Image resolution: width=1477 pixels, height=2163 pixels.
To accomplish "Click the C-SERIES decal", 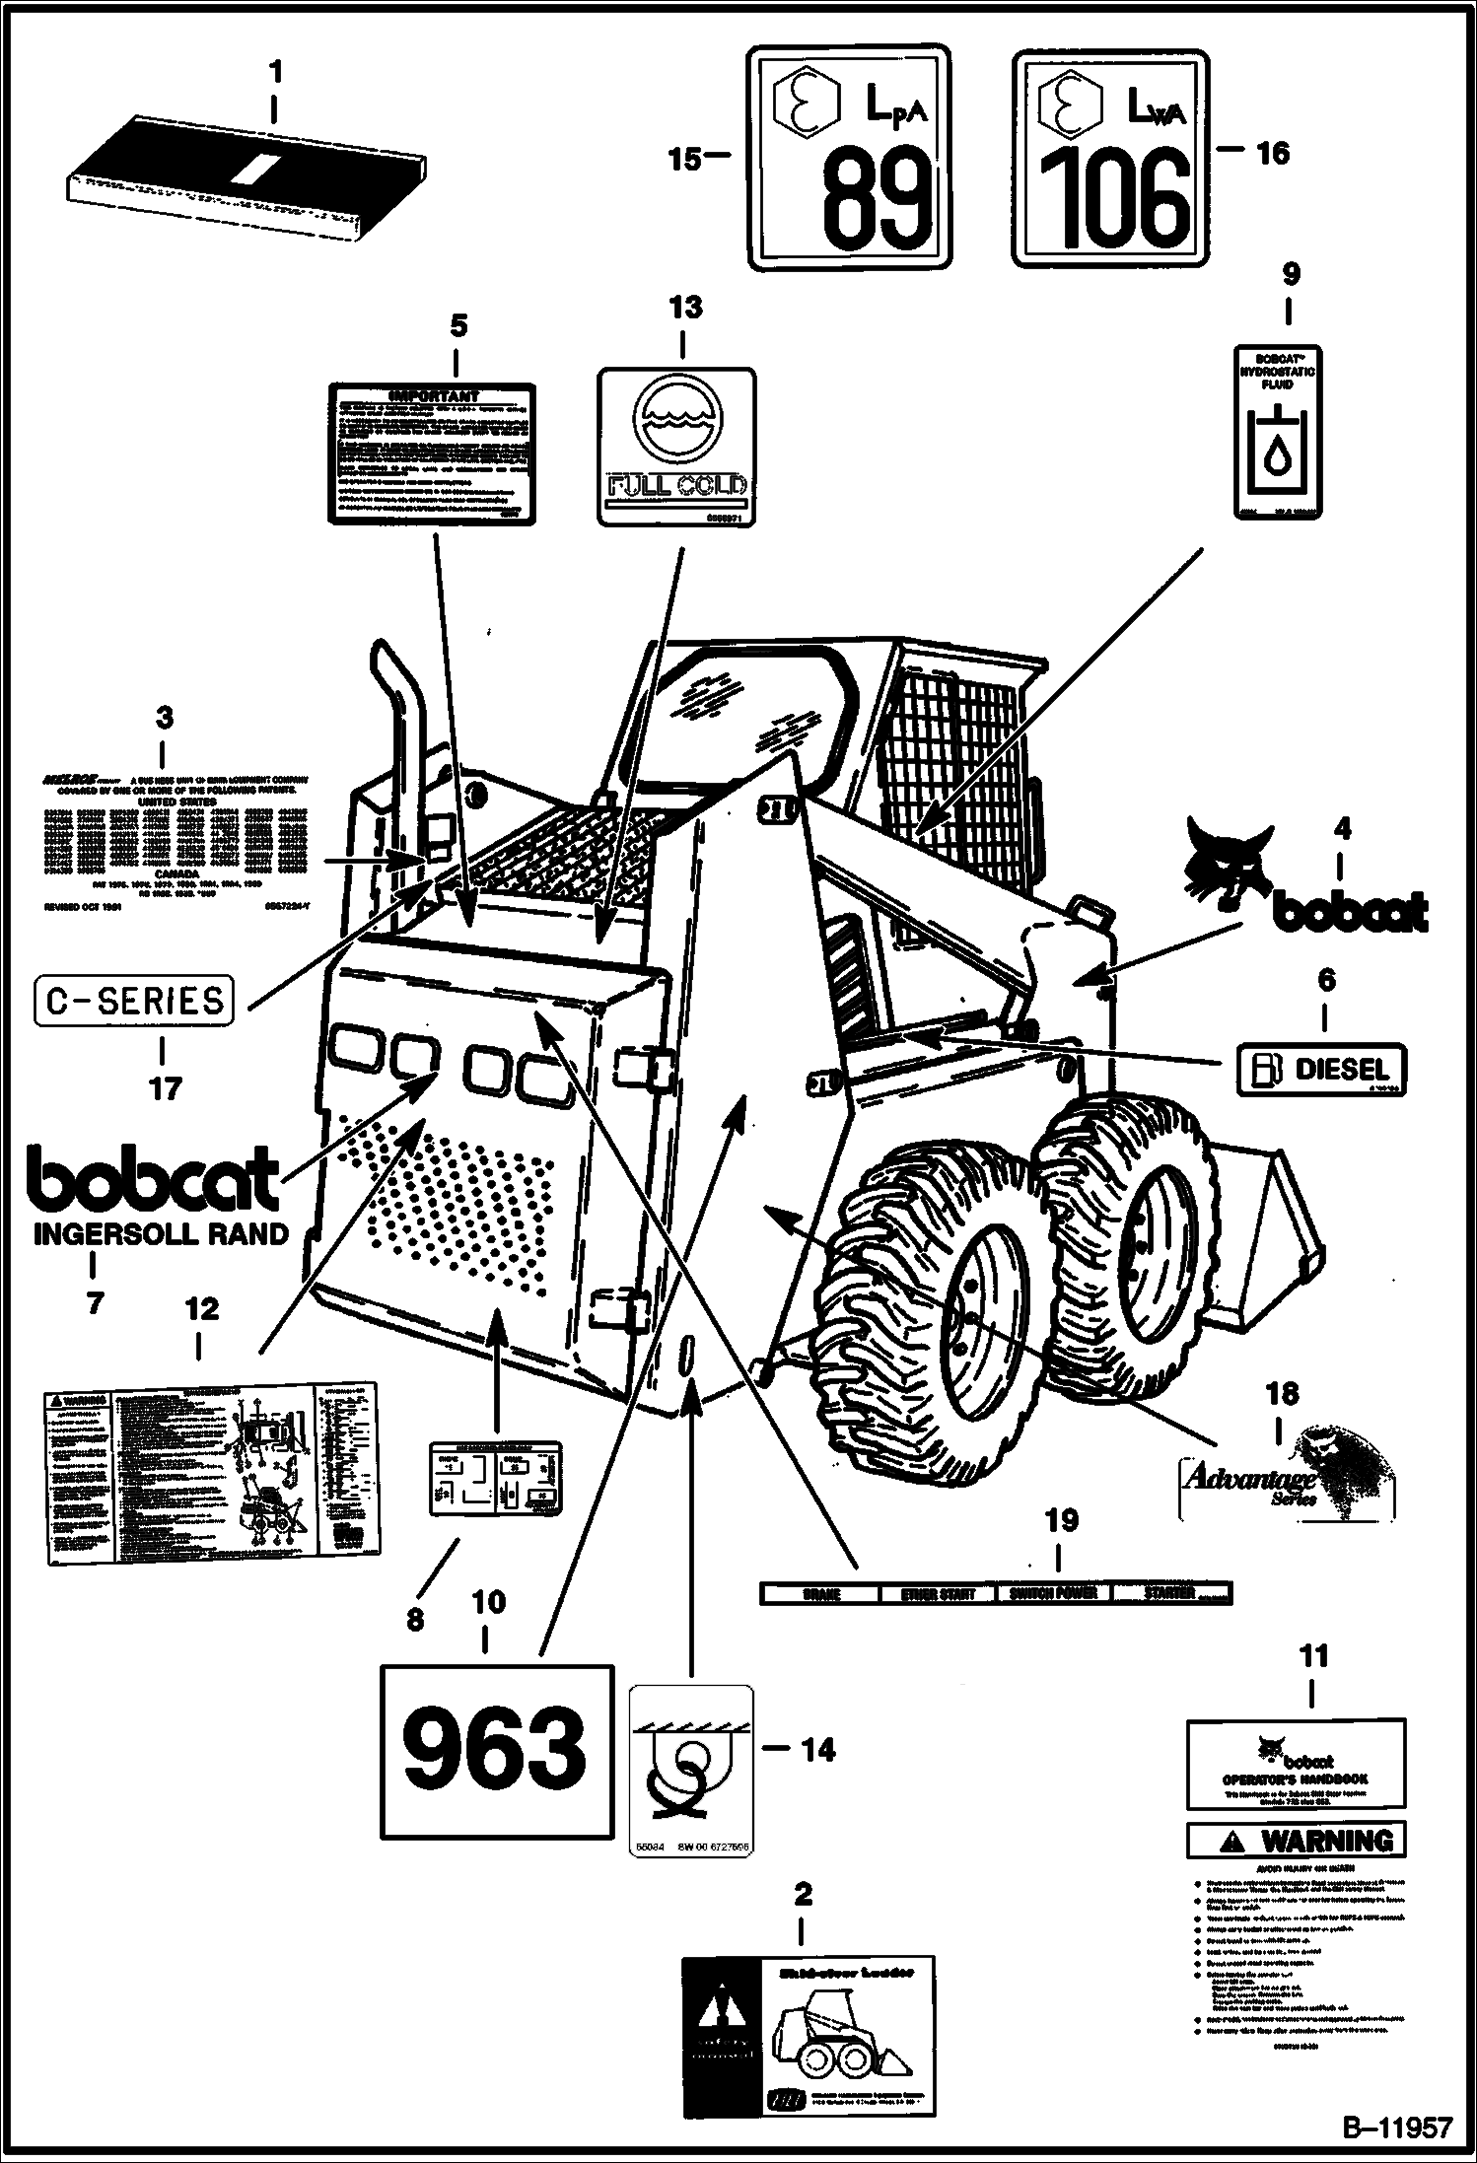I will tap(135, 1001).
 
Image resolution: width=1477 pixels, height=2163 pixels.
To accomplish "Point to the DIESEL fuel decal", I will tap(1321, 1069).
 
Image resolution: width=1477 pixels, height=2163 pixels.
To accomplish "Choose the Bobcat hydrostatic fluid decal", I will tap(1278, 432).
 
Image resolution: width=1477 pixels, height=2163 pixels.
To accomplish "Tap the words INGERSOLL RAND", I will tap(161, 1233).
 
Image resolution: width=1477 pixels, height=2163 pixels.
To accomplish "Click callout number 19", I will tap(1061, 1519).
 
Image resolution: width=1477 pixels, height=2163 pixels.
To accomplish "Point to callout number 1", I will tap(275, 72).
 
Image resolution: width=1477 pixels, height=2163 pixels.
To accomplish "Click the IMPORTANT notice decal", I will tap(433, 453).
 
